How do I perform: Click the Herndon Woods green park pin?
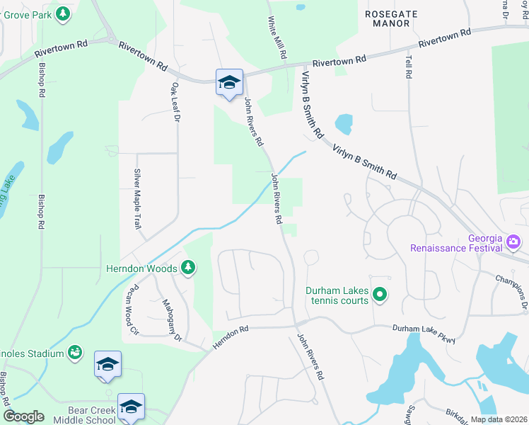point(187,268)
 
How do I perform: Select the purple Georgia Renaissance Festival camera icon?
point(513,243)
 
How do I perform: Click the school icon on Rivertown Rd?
point(229,83)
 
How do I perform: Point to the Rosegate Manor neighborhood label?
point(391,18)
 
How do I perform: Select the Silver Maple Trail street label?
point(136,198)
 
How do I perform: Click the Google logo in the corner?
point(23,416)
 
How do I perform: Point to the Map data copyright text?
point(498,419)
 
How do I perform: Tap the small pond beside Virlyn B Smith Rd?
point(343,125)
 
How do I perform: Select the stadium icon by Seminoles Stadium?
point(74,352)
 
